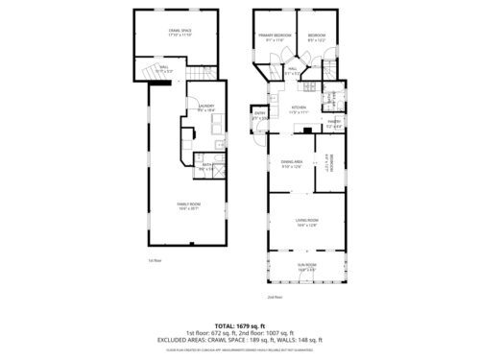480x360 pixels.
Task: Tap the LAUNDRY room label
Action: coord(204,108)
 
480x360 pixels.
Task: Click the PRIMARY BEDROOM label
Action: coord(276,37)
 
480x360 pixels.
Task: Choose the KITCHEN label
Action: coord(299,108)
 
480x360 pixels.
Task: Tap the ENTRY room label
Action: coord(260,115)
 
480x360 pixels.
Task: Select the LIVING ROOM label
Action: coord(306,222)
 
